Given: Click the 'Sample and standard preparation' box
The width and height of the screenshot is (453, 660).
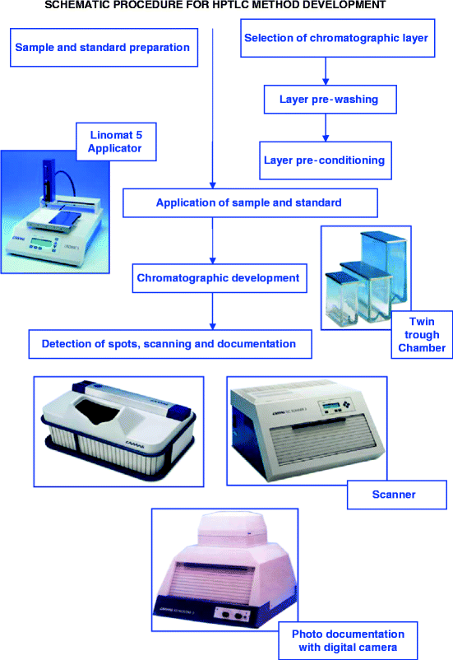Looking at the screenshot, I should point(102,47).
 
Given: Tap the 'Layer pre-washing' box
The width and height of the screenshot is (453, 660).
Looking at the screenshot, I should point(330,100).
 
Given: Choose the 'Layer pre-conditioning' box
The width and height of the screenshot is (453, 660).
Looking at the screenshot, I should point(324,160).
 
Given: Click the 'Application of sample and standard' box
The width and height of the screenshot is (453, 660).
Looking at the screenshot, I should point(250,202).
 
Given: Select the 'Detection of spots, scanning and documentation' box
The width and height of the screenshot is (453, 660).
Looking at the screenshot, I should point(171,343).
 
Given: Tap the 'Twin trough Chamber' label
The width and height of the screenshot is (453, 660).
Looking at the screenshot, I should point(423,335).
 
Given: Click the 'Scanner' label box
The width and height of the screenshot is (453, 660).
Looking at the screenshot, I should point(395,495).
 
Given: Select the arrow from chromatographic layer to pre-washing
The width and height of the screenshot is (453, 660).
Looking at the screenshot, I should point(326,71).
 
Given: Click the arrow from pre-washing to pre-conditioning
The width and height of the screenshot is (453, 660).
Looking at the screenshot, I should point(326,128).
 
